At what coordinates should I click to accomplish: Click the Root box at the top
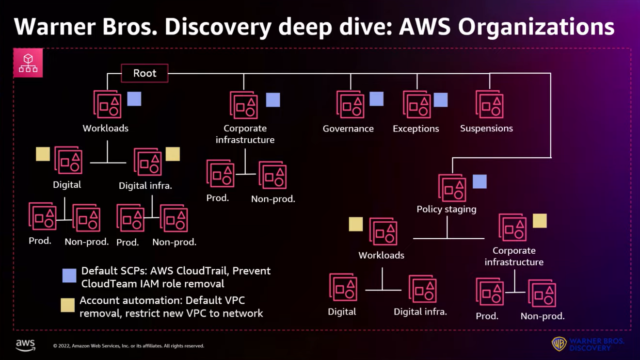[140, 73]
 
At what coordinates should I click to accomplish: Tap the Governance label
[348, 129]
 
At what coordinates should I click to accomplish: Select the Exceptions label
[415, 129]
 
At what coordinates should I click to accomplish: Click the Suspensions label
[485, 129]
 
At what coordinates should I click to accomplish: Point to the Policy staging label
[446, 208]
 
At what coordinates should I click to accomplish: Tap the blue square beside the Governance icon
[376, 99]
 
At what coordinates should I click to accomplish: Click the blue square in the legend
[67, 273]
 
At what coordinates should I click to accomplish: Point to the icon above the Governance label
[349, 104]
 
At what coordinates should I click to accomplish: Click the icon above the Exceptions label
[415, 104]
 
